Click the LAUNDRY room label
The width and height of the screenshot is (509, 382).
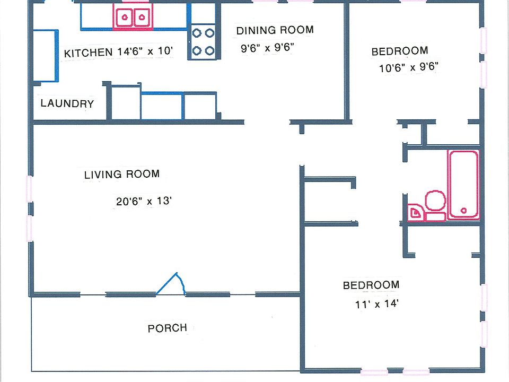point(67,103)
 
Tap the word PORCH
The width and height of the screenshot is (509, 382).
point(168,328)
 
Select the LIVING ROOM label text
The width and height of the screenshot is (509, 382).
point(122,174)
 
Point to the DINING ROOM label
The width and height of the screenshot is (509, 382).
point(275,30)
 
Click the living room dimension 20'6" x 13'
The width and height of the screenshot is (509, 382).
point(144,201)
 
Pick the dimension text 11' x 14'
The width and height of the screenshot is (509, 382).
point(376,304)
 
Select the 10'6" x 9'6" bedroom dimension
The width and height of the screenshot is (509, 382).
point(409,67)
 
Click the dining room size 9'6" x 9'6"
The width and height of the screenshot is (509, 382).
point(267,48)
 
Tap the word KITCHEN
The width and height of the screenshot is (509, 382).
point(89,53)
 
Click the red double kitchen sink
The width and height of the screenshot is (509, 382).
point(133,16)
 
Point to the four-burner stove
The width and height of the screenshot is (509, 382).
point(203,42)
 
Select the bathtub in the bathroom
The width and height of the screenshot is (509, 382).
point(463,184)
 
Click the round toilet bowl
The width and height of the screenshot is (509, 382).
point(435,201)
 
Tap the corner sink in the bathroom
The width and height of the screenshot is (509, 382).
point(416,213)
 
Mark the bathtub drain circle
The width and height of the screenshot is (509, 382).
point(463,211)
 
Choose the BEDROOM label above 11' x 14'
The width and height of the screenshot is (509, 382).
point(371,285)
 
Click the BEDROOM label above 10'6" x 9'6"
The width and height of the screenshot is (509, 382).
point(400,51)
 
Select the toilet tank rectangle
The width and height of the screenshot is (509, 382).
point(435,216)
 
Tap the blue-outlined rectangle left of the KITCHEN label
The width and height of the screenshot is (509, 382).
point(46,56)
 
